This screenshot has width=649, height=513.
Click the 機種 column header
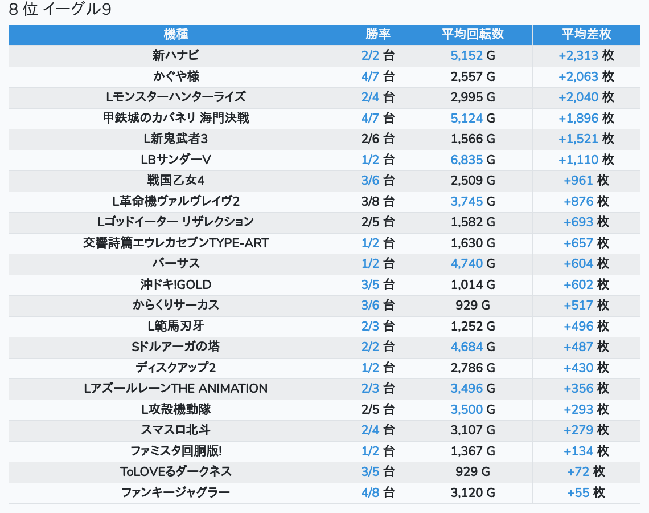(175, 34)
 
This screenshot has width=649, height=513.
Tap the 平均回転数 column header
(473, 34)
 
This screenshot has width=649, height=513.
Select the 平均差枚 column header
(586, 34)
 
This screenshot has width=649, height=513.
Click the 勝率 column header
(378, 34)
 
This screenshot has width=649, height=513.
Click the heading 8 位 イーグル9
(60, 10)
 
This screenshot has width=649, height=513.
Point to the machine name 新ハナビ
(175, 55)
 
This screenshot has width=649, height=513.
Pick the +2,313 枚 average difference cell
(586, 55)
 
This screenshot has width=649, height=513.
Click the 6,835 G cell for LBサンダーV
(473, 160)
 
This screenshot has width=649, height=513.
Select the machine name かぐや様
(175, 76)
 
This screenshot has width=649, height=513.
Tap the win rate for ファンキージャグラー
(378, 492)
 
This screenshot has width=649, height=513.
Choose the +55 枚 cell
(586, 492)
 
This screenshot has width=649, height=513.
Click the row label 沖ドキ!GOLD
(175, 284)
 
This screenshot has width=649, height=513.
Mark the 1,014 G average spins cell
(473, 284)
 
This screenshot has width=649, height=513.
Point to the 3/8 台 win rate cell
(378, 201)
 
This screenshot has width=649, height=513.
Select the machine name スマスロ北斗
(175, 430)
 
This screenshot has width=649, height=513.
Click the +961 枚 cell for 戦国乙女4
(586, 180)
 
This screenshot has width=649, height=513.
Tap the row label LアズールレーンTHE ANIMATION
(175, 388)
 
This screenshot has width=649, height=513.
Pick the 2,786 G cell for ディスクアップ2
(473, 368)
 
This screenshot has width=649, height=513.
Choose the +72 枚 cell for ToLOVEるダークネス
(586, 471)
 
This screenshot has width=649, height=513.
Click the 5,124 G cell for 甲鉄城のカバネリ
(473, 118)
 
